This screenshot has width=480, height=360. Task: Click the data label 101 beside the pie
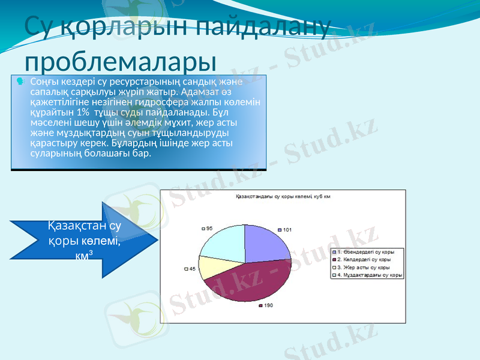coord(287,230)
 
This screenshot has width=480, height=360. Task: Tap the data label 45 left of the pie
coord(192,269)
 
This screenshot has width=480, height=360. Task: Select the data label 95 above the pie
coord(209,228)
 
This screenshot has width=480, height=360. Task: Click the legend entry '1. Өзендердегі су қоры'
coord(365,251)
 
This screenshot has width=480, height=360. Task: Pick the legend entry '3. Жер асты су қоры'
coord(364,268)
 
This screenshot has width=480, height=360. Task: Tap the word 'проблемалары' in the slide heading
coord(121,61)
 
